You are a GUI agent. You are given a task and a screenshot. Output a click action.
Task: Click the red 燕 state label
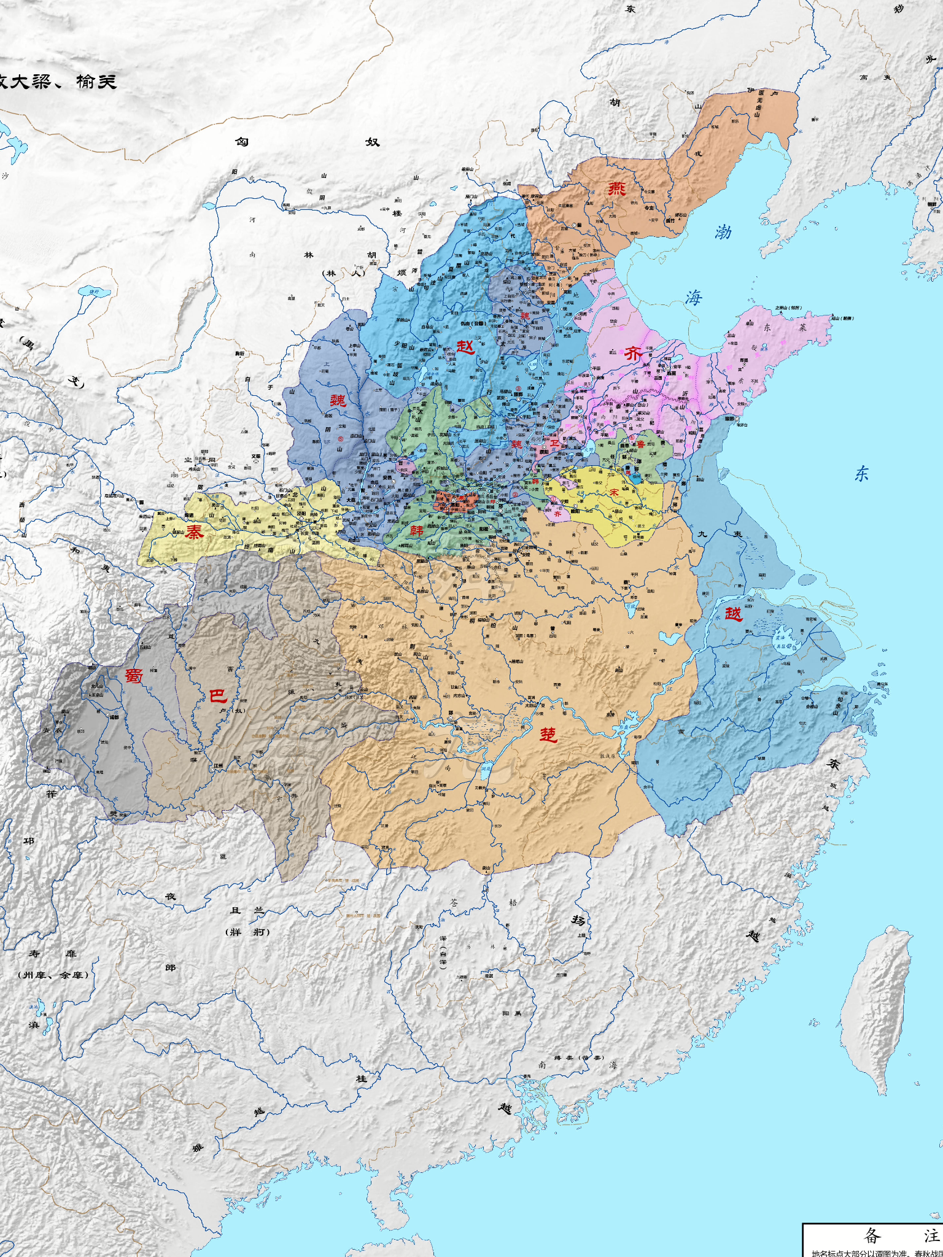[x=616, y=188]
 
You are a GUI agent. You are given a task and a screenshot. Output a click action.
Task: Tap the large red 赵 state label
[x=465, y=347]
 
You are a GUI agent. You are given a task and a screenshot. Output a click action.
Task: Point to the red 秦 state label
[x=195, y=532]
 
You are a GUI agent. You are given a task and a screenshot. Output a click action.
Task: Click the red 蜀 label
[x=134, y=675]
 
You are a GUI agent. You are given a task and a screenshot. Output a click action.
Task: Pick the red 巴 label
[x=218, y=695]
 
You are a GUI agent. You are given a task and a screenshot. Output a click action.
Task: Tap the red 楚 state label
[x=548, y=734]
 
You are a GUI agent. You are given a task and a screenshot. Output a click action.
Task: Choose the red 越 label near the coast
[x=733, y=613]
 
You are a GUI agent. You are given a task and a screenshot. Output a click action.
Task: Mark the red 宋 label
[x=614, y=492]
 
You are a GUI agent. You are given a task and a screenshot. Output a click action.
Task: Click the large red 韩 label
[x=416, y=530]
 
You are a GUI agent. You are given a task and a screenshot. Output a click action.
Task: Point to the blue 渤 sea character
[x=723, y=232]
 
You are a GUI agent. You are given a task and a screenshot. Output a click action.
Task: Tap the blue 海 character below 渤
[x=694, y=298]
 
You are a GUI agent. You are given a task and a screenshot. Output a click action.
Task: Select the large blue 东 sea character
[x=861, y=473]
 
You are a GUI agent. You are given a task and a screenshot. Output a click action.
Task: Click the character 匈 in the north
[x=242, y=142]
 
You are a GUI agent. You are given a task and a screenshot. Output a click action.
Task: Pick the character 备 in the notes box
[x=872, y=1235]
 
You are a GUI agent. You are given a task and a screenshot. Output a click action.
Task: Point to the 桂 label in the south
[x=362, y=1078]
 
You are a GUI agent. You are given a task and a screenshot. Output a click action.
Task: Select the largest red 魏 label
[x=338, y=401]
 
